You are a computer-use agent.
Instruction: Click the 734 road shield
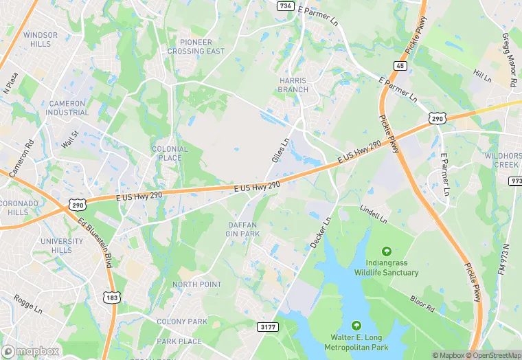286,5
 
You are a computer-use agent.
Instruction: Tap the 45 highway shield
400,66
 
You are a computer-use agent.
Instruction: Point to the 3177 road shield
269,327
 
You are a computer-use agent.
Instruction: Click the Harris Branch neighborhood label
293,85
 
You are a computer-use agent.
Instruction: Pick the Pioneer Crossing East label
196,47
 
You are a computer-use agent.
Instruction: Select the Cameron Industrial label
67,109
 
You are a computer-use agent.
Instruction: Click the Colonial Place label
170,153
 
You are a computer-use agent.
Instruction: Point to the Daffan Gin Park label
243,229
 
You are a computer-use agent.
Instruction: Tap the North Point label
197,284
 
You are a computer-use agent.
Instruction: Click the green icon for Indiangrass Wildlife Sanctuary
386,252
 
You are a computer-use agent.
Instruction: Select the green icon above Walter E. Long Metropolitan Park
356,325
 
